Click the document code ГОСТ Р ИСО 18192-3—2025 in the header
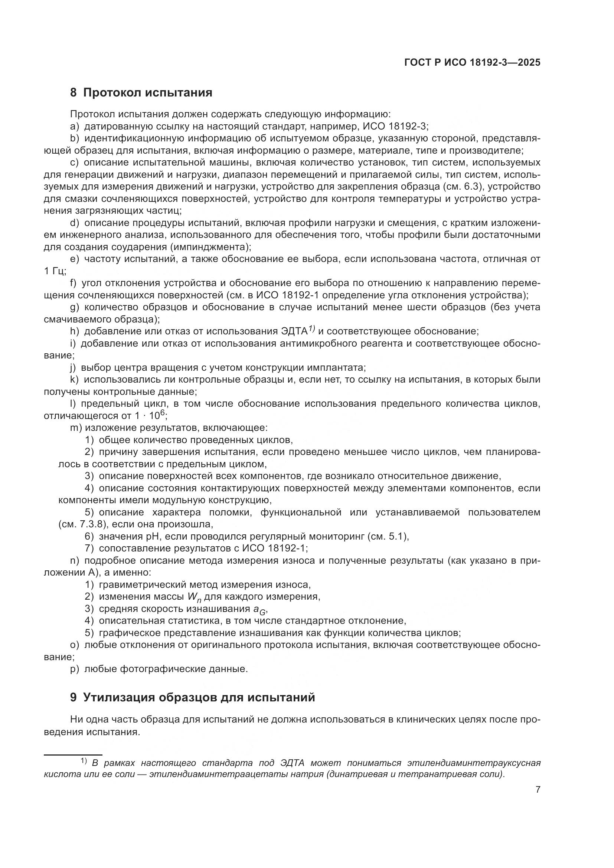tap(472, 63)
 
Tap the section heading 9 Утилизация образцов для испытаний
tap(192, 697)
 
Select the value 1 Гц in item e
tap(55, 271)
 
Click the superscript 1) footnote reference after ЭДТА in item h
tap(311, 328)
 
